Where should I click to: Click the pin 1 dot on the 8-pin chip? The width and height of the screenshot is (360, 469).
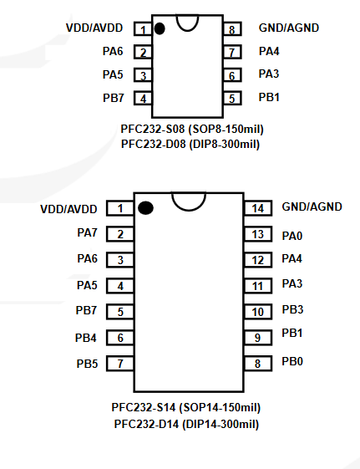pos(160,28)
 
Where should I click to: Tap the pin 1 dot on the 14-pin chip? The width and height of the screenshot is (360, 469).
pos(146,208)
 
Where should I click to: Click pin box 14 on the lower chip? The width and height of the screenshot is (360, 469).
pos(258,208)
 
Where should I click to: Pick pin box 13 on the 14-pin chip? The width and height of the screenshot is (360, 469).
pos(258,234)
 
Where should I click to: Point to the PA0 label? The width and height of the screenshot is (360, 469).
pos(292,236)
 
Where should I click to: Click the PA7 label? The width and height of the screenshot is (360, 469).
pos(87,232)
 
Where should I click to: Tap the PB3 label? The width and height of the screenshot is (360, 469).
pos(292,309)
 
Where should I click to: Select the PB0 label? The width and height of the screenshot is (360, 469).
pos(292,361)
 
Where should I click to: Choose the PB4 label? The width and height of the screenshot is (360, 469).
pos(86,338)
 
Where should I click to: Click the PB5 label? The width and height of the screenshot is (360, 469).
pos(87,364)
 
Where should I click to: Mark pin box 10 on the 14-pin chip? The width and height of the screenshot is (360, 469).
pos(258,312)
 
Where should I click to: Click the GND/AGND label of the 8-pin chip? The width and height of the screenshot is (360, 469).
pos(289,28)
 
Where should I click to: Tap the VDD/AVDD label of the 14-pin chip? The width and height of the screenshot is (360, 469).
pos(68,209)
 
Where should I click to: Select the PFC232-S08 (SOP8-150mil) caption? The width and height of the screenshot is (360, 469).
pos(192,130)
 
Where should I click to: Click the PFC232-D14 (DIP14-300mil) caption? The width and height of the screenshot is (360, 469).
pos(186,424)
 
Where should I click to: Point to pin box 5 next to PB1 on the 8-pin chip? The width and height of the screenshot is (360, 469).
pos(232,98)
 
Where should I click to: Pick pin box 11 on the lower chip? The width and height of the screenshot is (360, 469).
pos(258,286)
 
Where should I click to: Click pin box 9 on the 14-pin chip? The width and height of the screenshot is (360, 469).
pos(258,338)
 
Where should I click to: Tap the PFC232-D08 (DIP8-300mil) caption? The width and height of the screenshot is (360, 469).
pos(190,144)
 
